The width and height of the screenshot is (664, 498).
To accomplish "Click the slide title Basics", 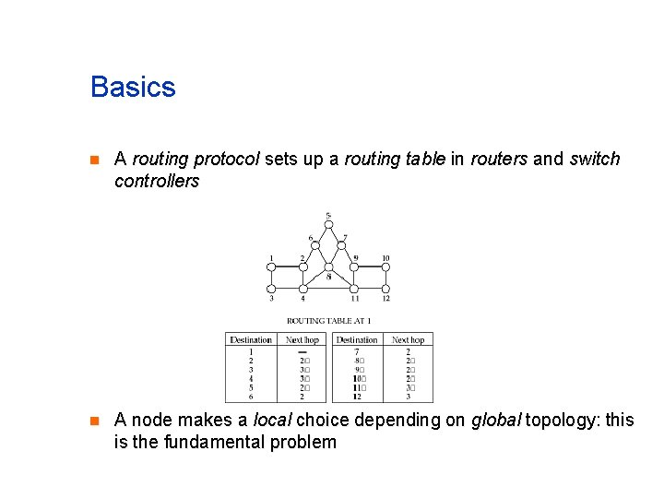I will click(133, 88).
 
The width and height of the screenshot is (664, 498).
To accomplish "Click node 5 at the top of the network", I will click(328, 225).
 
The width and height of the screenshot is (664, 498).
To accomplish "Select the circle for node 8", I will click(328, 267).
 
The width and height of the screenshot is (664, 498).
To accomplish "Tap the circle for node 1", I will click(271, 267).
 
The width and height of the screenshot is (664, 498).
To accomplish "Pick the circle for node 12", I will click(385, 289).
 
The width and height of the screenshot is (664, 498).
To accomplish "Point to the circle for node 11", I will click(355, 289).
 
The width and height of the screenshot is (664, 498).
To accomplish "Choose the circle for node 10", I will click(385, 267).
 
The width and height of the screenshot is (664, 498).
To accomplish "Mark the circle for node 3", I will click(271, 289).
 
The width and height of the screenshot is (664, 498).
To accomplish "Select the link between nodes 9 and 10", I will click(371, 267).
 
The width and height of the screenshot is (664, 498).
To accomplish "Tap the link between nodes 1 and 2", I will click(287, 267).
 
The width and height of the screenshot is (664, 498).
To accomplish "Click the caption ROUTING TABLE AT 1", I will click(328, 321).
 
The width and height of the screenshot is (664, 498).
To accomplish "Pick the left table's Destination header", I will click(251, 340).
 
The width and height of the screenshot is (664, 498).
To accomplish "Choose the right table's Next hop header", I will click(408, 340).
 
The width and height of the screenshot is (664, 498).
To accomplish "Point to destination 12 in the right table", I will click(357, 397).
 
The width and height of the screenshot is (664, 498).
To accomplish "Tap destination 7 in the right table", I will click(357, 351).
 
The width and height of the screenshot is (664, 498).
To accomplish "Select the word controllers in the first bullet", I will click(157, 181).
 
